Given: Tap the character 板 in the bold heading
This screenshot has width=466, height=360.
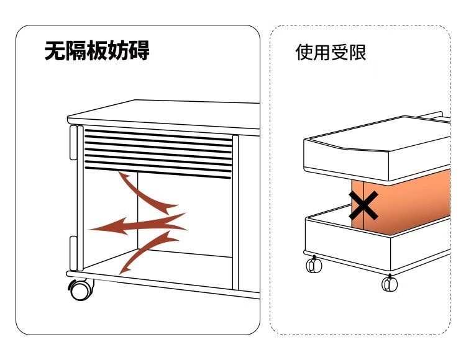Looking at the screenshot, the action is (x=98, y=51).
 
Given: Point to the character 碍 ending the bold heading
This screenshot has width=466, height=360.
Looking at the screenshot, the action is (x=139, y=51).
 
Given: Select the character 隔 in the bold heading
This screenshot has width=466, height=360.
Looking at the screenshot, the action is (x=76, y=51).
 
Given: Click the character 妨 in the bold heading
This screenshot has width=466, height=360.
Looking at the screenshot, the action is (x=119, y=51).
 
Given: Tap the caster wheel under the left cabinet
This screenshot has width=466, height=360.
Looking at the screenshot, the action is (x=81, y=289).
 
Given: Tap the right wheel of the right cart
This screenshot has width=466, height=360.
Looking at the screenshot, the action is (x=390, y=284).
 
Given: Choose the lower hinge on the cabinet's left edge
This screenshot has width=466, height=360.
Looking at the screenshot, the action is (x=74, y=253).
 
